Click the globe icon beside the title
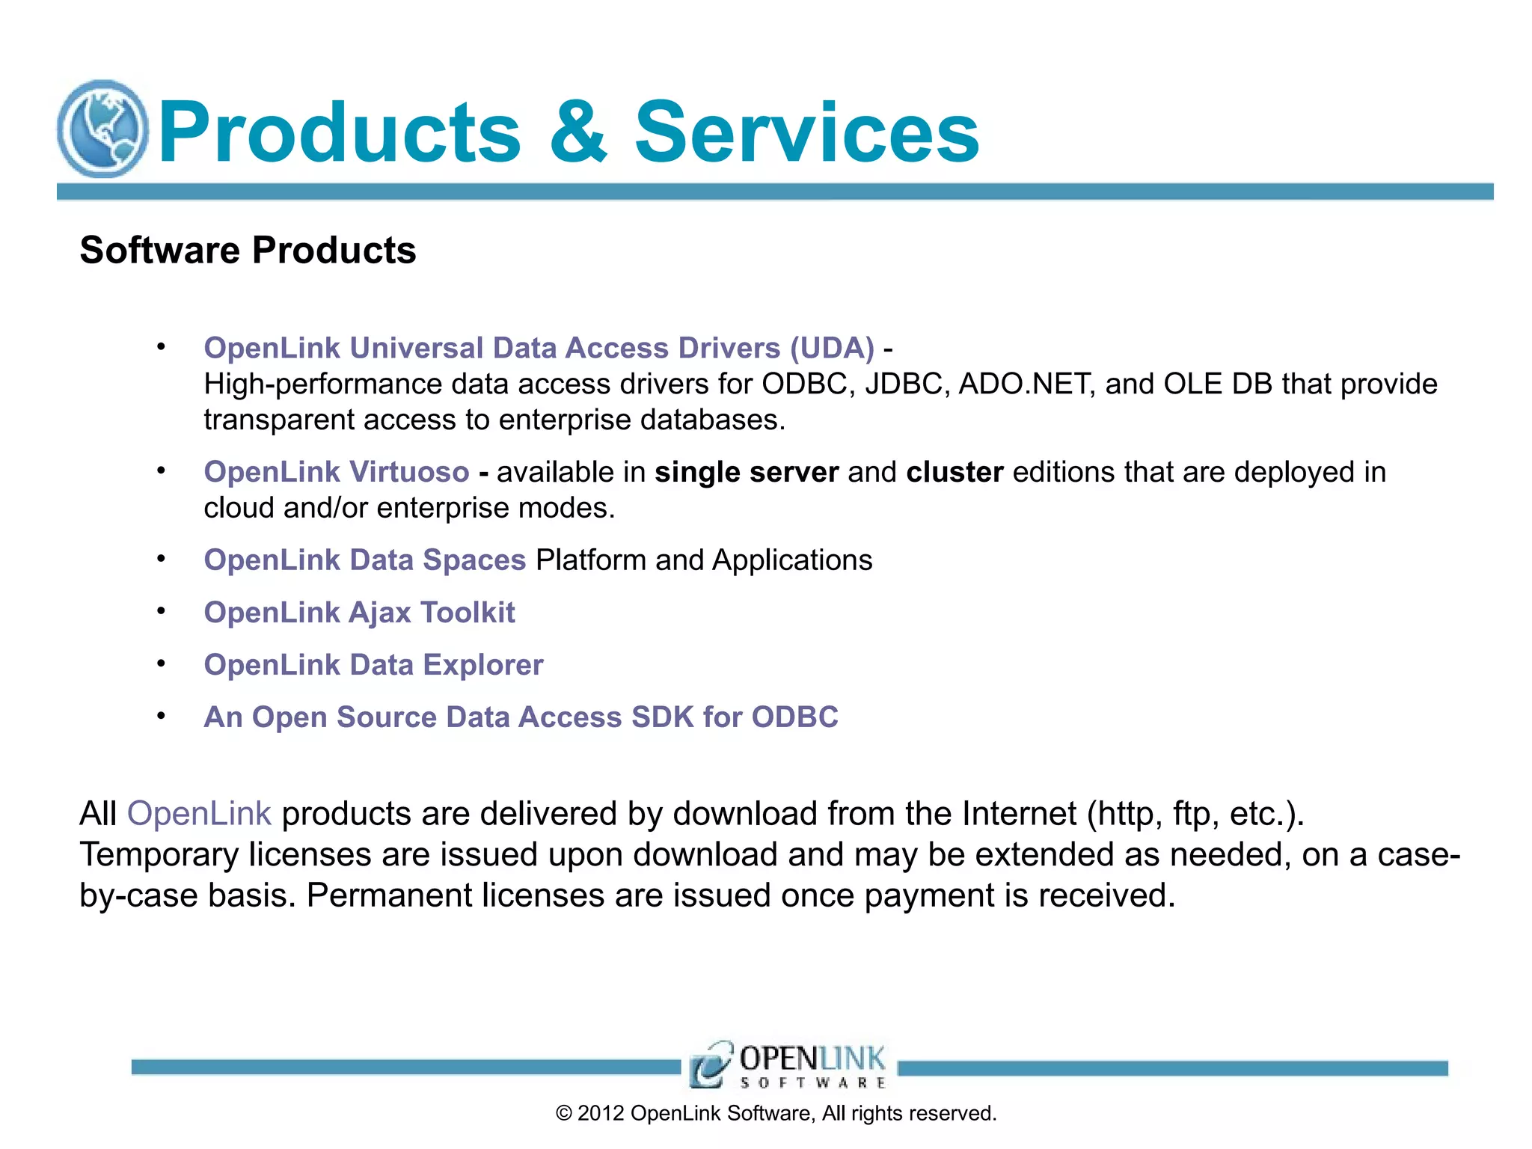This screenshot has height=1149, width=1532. point(103,129)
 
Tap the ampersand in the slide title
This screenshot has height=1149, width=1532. point(577,132)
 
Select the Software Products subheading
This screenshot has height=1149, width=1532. point(248,250)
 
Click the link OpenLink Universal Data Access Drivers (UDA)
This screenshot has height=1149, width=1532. point(539,349)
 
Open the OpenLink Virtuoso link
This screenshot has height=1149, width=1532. point(337,472)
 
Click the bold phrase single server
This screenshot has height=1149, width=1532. point(747,472)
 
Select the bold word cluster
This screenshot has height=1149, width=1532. point(955,472)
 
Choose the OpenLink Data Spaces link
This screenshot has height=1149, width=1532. point(365,560)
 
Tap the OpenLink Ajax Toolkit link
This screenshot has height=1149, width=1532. point(359,613)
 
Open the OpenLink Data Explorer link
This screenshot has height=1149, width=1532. point(373,665)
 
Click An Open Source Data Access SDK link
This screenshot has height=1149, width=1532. point(521,717)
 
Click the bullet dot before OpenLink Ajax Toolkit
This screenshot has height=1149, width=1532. point(161,611)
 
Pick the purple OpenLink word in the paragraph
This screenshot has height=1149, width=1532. point(199,813)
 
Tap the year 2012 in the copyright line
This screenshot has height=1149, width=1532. point(601,1114)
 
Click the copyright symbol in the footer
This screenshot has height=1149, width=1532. point(564,1114)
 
